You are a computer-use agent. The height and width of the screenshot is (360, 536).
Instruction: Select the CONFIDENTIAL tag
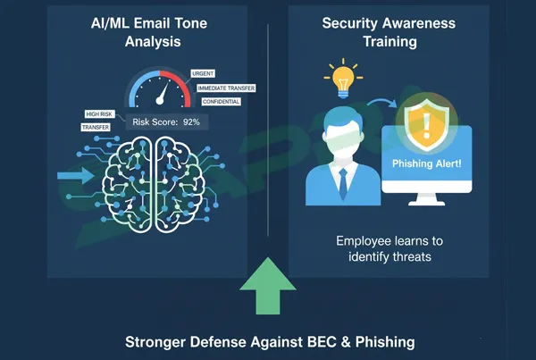pyautogui.click(x=215, y=101)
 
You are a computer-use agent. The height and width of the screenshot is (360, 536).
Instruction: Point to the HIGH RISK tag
pyautogui.click(x=98, y=113)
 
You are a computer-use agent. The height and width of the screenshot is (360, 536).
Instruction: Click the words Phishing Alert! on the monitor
pyautogui.click(x=427, y=163)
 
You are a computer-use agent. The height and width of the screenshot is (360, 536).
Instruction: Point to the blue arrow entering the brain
pyautogui.click(x=73, y=176)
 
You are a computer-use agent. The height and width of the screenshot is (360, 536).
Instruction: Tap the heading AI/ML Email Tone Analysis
pyautogui.click(x=150, y=31)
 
